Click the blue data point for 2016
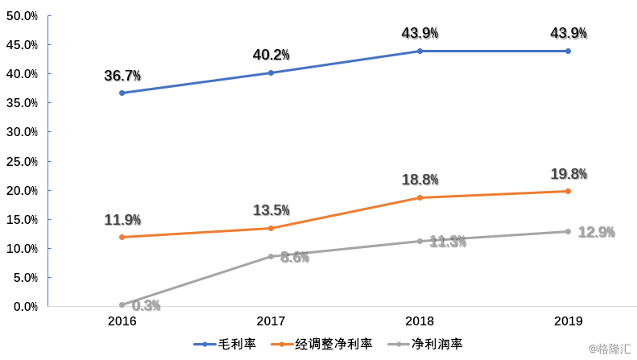click(122, 93)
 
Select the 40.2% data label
click(271, 55)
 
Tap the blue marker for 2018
click(420, 51)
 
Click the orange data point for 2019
click(568, 191)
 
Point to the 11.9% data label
click(122, 220)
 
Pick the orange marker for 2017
click(271, 228)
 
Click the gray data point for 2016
click(122, 304)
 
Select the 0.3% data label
click(146, 305)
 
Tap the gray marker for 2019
click(568, 231)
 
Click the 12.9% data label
click(596, 232)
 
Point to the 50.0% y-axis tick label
click(22, 16)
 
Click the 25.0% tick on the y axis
click(22, 161)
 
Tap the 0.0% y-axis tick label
click(24, 307)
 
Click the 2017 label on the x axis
click(271, 321)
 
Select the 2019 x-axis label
click(568, 321)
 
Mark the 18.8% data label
click(420, 180)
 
